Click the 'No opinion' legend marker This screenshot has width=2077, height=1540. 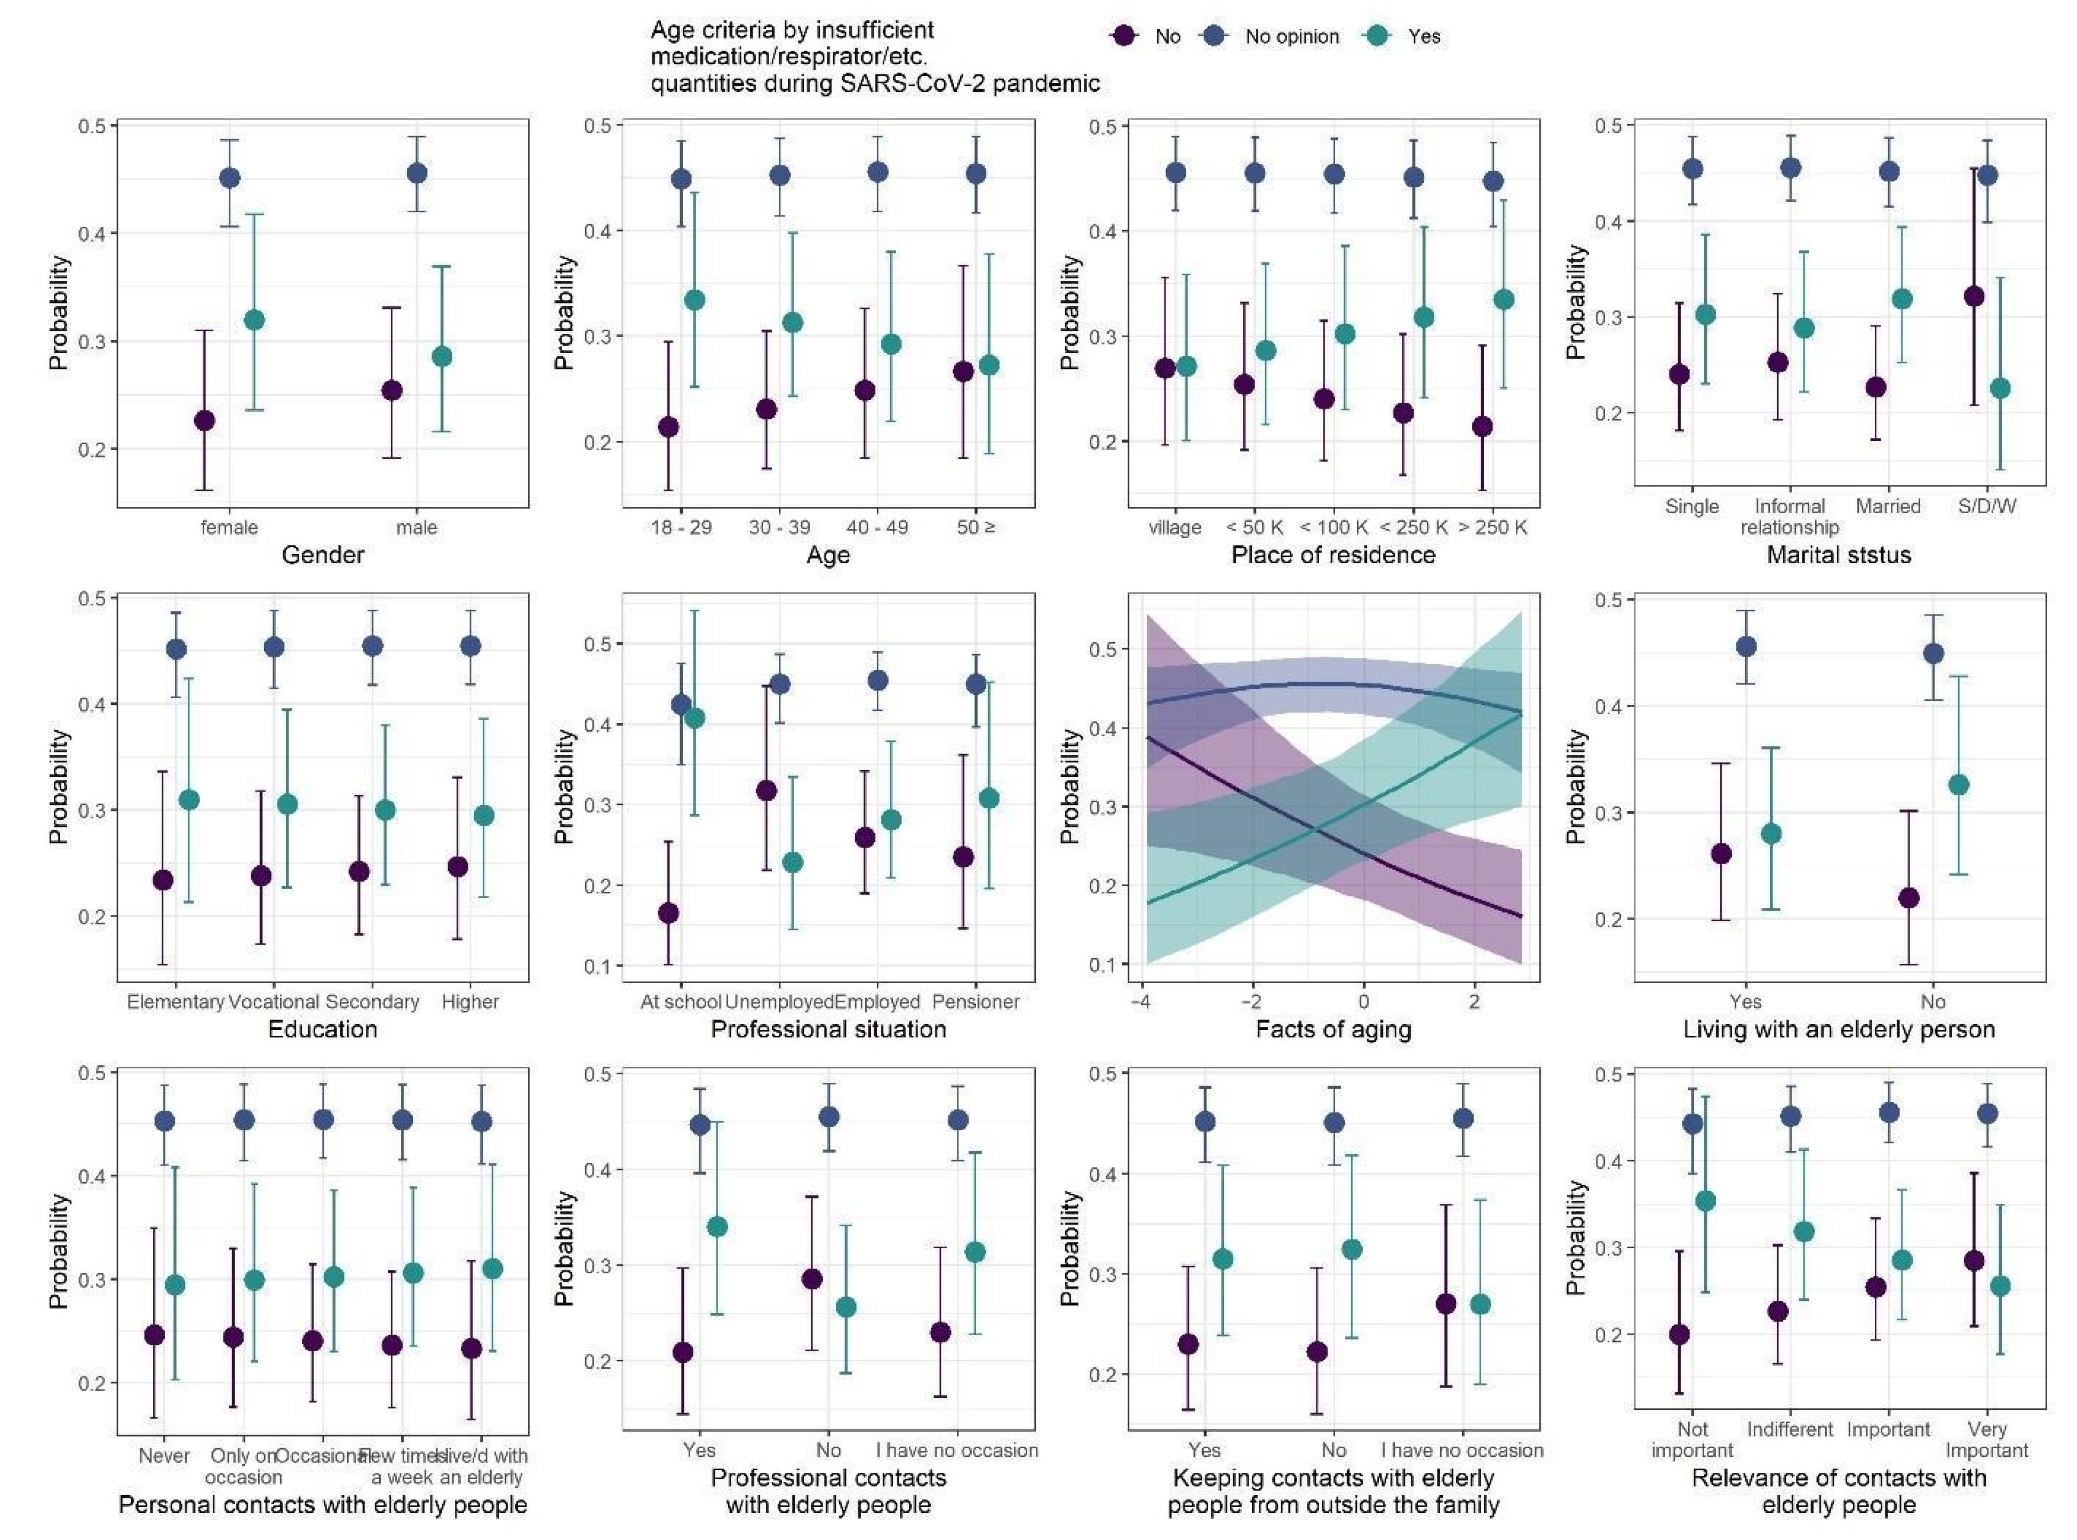coord(1215,36)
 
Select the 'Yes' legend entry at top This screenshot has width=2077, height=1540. coord(1424,36)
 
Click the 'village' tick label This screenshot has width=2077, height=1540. coord(1175,528)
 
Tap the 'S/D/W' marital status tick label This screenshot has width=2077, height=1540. coord(1986,506)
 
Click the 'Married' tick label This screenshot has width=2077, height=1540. coord(1888,506)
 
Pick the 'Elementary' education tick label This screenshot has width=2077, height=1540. coord(175,1002)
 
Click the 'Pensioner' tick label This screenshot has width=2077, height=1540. coord(975,1002)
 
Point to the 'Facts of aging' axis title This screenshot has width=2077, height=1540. coord(1333,1029)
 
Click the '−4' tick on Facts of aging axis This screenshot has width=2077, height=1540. coord(1139,1002)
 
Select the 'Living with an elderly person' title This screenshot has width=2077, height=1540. coord(1839,1029)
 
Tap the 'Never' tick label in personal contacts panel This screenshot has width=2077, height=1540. coord(164,1456)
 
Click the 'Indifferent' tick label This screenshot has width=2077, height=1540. coord(1790,1429)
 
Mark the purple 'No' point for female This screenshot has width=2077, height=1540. coord(204,420)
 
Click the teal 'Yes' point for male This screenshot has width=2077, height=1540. coord(442,357)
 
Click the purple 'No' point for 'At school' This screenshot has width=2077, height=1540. coord(668,913)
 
